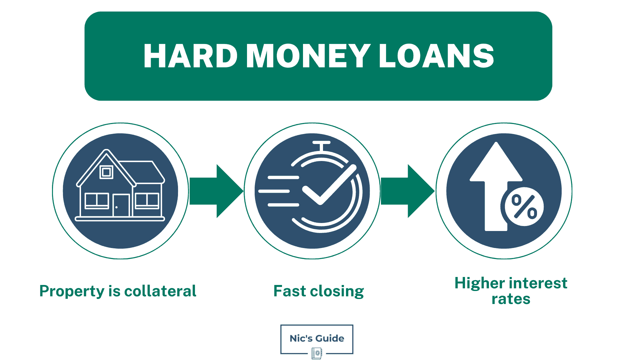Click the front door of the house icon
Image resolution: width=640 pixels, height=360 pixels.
pos(121,205)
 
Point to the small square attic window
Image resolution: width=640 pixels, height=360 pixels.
pos(106,172)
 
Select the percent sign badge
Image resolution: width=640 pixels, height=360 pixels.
pos(524,207)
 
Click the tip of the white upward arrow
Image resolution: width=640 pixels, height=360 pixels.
pos(496,145)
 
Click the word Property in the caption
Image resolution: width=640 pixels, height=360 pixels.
pos(72,291)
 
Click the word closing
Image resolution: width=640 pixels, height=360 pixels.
pos(337,291)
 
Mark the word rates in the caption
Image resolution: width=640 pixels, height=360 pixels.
pos(511,299)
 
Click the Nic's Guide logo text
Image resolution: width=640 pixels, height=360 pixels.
pos(317,338)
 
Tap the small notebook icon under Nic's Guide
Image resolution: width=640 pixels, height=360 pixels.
pos(317,353)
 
